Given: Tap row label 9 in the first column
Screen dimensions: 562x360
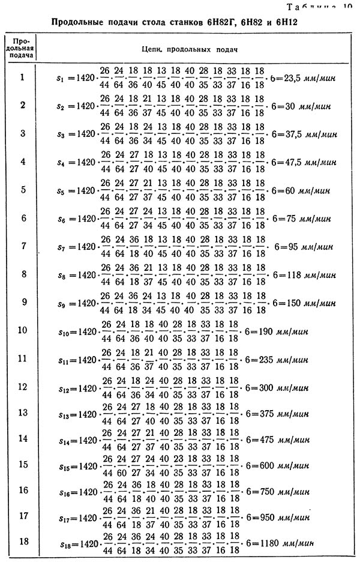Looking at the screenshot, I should [22, 301].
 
